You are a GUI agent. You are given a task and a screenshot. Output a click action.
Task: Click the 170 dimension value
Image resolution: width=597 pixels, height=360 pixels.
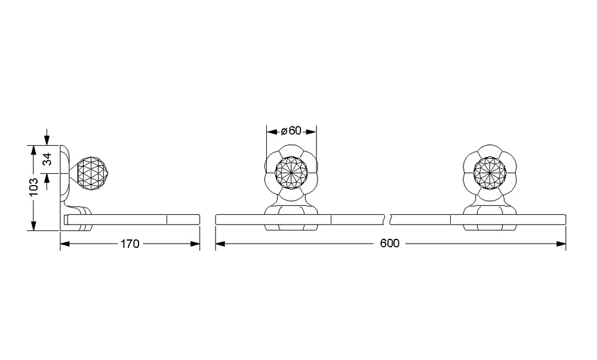[130, 244]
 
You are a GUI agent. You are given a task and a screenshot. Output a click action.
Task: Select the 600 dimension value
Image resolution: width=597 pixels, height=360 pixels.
[389, 244]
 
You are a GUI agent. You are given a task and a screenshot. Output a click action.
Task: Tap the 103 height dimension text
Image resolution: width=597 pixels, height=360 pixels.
[33, 187]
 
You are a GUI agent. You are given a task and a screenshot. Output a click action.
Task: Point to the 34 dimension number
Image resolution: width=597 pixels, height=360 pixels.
[47, 159]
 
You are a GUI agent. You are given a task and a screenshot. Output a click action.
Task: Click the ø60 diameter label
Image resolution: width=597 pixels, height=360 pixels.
[291, 131]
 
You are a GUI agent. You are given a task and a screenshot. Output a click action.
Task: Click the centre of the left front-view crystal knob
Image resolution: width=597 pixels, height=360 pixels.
[291, 173]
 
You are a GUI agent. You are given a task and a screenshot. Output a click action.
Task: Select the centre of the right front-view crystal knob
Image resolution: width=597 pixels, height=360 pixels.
[490, 173]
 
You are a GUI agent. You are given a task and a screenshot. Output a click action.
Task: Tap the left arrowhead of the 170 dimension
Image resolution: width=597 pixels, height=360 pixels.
[64, 244]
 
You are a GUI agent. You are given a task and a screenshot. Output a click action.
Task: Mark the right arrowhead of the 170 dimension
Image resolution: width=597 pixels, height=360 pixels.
[195, 244]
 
